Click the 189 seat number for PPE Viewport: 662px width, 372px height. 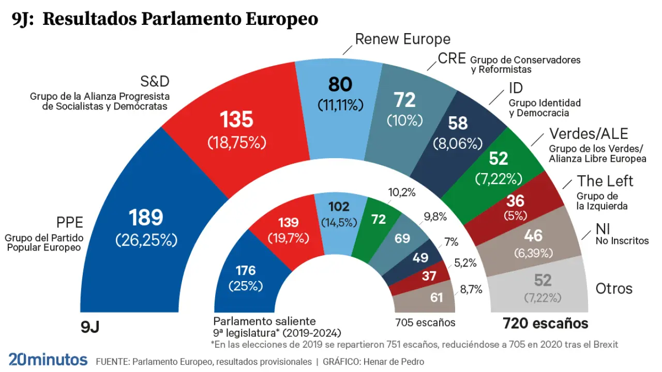point(146,218)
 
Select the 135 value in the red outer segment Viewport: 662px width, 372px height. point(236,120)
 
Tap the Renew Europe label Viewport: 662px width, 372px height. point(402,39)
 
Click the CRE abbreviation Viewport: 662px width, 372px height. point(452,58)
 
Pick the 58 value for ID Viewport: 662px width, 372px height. point(458,123)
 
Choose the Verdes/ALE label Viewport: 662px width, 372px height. point(589,134)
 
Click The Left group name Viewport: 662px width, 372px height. point(605,181)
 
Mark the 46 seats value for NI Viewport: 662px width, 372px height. point(533,236)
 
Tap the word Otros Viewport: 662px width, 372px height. point(614,288)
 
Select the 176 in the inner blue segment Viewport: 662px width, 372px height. point(246,270)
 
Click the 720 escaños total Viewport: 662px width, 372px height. point(546,323)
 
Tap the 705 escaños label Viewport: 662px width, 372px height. point(425,323)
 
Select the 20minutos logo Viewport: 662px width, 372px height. point(48,359)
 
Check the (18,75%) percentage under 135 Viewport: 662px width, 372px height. point(236,143)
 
